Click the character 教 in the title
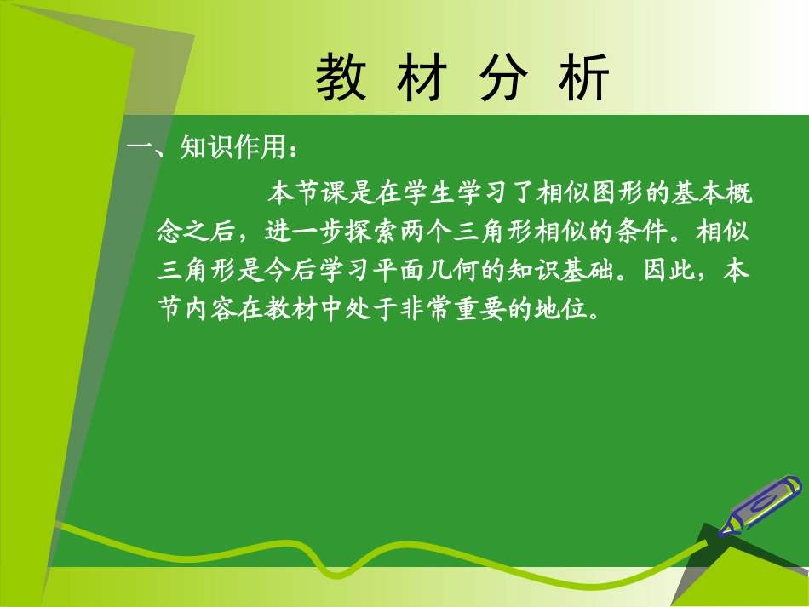point(341,79)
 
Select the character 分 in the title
point(502,79)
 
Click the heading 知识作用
point(231,149)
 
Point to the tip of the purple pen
point(723,534)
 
